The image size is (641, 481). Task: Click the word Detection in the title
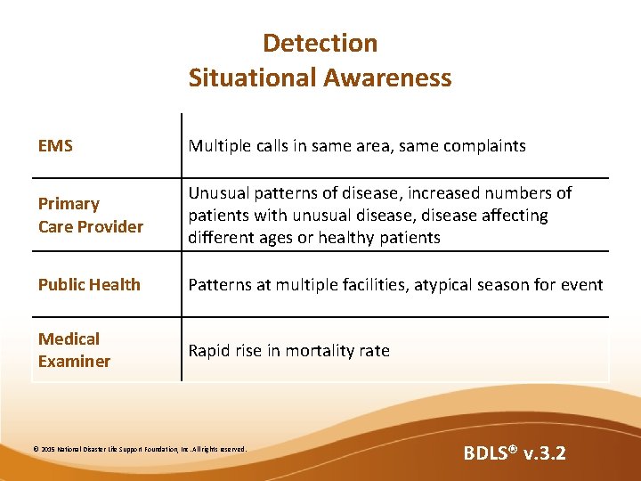point(320,43)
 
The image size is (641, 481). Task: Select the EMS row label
point(55,145)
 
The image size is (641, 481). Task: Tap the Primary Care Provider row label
point(90,216)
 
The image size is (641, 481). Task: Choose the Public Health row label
point(89,284)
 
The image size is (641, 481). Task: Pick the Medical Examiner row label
point(74,350)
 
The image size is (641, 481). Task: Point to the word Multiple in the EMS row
point(218,145)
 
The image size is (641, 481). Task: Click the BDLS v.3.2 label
point(514,453)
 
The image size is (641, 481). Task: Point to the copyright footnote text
point(140,450)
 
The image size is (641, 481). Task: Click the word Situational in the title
point(252,77)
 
